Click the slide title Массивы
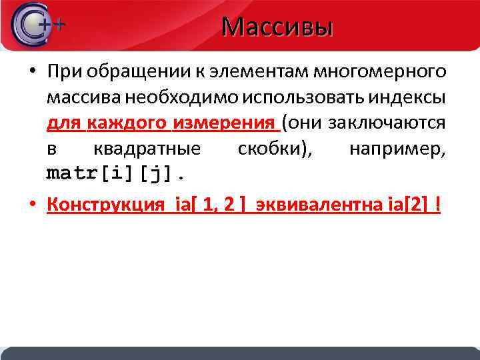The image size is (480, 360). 277,27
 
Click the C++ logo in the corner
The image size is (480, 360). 37,25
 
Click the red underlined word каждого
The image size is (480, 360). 126,123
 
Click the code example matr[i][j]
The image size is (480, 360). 117,175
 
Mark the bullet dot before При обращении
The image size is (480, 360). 33,72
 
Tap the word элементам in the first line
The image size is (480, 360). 254,71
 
